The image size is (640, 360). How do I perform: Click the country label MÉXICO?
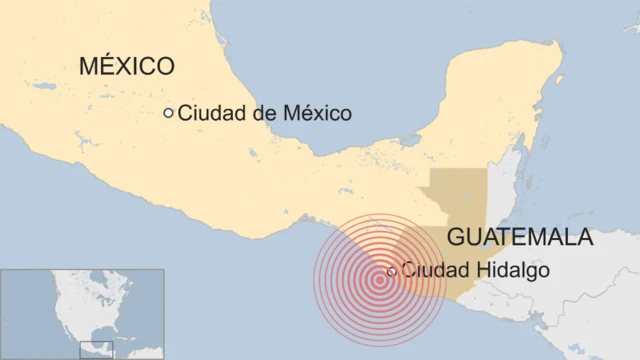point(127,67)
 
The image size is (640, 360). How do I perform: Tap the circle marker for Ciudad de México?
point(168,113)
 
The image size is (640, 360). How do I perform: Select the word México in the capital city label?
point(315,114)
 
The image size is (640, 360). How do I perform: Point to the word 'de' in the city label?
point(263,114)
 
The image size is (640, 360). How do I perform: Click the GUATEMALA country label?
point(520,237)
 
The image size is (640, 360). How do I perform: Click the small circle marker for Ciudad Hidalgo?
point(391,270)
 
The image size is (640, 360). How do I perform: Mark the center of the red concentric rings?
point(379,279)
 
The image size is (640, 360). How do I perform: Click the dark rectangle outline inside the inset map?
point(98,349)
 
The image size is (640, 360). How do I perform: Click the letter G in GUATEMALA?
point(456,237)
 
